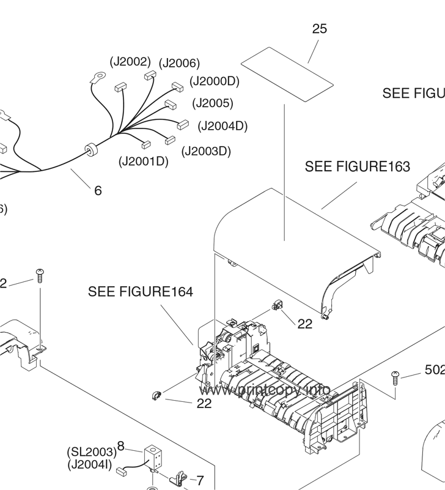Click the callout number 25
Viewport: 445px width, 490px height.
[319, 29]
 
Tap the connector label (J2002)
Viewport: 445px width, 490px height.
[130, 61]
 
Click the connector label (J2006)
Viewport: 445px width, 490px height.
[179, 63]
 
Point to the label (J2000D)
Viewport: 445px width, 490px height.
[214, 81]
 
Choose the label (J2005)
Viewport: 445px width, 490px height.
[212, 103]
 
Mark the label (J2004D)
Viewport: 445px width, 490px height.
[223, 126]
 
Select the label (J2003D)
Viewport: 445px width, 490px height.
[207, 150]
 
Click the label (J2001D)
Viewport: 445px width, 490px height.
[143, 161]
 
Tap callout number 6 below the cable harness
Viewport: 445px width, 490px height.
[98, 190]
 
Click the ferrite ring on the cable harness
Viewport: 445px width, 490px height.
[91, 150]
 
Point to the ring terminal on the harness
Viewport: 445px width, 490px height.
[96, 78]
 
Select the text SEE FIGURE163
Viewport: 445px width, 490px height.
[358, 166]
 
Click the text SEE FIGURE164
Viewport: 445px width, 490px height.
[141, 292]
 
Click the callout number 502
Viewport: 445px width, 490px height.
[435, 369]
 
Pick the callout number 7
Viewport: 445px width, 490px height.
[199, 481]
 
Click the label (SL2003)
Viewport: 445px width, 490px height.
[92, 452]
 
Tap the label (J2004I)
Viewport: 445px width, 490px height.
[89, 465]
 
